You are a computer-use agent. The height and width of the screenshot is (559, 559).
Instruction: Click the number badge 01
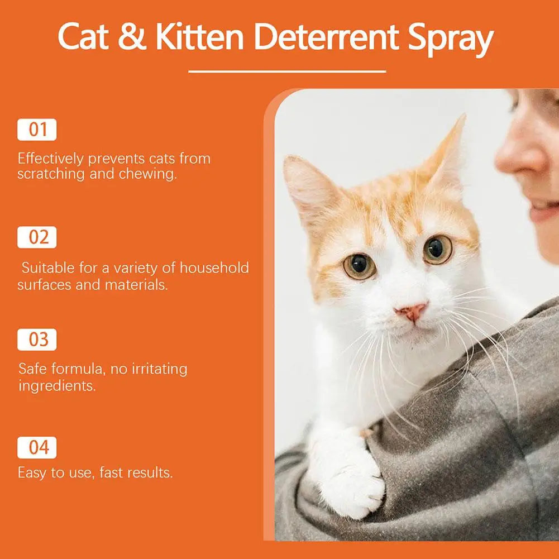(x=37, y=130)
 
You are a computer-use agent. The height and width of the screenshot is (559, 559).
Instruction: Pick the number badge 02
(x=37, y=237)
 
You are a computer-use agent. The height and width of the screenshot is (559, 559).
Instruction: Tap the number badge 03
(x=37, y=340)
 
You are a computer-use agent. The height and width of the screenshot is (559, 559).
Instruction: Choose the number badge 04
(x=37, y=447)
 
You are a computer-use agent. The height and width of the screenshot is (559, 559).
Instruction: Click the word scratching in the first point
(x=51, y=174)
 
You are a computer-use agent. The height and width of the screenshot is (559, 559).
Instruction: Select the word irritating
(x=159, y=369)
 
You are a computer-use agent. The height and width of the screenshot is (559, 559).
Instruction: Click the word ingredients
(x=57, y=385)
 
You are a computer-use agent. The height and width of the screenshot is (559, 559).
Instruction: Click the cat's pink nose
(x=412, y=312)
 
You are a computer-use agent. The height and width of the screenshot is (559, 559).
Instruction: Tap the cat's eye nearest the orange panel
(x=359, y=266)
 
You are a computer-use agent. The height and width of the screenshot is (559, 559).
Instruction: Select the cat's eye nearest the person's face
(x=437, y=249)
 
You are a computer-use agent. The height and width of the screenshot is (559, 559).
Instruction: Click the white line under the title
(x=287, y=71)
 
